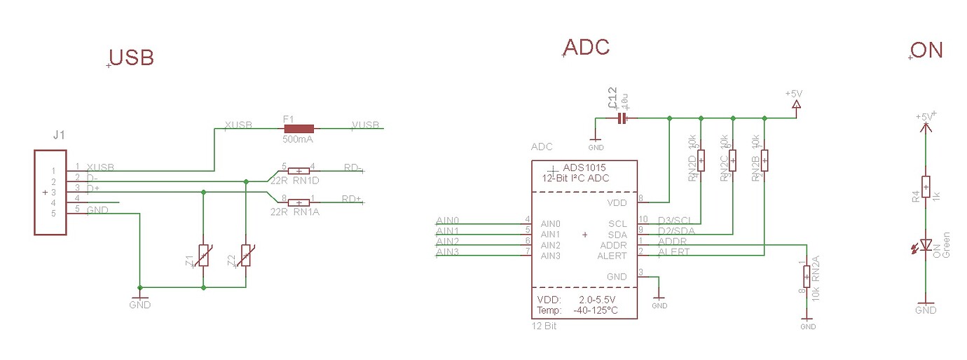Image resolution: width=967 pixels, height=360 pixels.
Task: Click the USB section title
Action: tap(132, 58)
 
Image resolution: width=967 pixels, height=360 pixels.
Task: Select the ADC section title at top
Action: tap(587, 48)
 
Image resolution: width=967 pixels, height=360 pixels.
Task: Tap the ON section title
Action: tap(927, 50)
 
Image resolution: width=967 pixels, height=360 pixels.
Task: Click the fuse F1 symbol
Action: tap(298, 129)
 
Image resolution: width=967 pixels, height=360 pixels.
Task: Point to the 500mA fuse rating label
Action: tap(297, 139)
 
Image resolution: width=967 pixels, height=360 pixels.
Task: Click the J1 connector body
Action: tap(50, 192)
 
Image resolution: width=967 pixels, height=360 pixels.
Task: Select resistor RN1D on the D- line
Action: tap(299, 171)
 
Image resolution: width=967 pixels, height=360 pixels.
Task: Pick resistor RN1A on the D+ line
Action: tap(299, 202)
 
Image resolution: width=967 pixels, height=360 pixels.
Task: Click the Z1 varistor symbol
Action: tap(204, 256)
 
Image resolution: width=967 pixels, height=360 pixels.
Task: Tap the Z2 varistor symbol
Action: tap(246, 256)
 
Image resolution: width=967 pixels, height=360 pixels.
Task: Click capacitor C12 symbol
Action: tap(622, 119)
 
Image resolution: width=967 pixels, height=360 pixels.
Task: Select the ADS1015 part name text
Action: tap(584, 168)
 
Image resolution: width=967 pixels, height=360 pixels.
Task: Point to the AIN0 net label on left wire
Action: tap(447, 221)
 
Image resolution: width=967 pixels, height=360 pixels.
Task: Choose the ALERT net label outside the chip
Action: tap(673, 252)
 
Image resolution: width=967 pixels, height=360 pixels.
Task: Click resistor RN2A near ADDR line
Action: tap(807, 276)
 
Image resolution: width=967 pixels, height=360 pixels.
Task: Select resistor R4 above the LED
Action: tap(926, 188)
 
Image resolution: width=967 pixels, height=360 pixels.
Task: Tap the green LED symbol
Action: tap(926, 245)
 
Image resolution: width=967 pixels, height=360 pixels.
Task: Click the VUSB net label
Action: tap(366, 125)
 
